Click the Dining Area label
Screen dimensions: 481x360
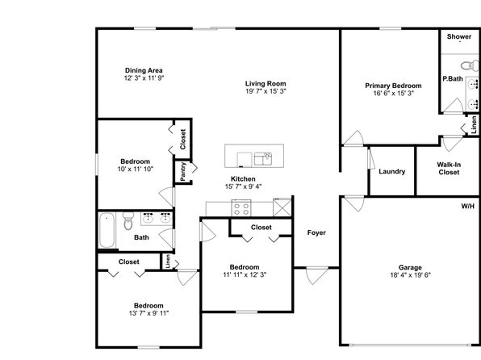click(144, 70)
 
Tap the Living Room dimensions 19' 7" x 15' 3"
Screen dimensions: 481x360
click(266, 91)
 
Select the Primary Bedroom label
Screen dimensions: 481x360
click(393, 86)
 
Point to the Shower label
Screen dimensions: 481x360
click(459, 36)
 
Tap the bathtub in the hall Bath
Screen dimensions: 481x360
click(107, 230)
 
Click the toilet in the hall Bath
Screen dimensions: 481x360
click(128, 221)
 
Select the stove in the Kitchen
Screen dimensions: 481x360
click(241, 208)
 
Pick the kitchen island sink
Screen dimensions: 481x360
click(263, 159)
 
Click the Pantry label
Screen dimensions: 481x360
click(183, 172)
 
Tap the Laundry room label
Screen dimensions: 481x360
click(391, 172)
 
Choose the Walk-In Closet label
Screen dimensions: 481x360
click(449, 169)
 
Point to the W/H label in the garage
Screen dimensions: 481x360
click(468, 207)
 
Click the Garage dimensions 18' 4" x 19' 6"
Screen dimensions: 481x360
click(410, 275)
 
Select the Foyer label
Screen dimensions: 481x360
click(316, 233)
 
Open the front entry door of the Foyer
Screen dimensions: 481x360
click(317, 274)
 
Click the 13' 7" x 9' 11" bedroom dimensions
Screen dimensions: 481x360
click(148, 313)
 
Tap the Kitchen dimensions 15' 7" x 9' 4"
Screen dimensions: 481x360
click(243, 186)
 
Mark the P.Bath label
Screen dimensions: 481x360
click(453, 79)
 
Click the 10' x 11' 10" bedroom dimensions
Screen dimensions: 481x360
click(136, 170)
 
